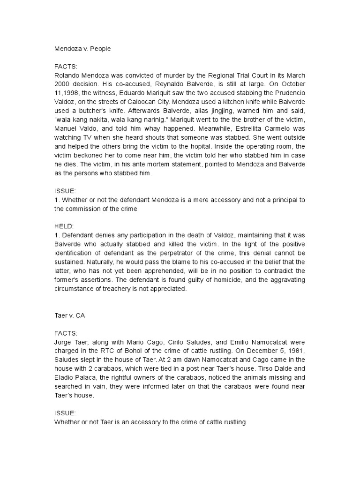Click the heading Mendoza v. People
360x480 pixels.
click(x=82, y=49)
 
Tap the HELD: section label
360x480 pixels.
click(x=63, y=226)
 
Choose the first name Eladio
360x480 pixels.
click(x=66, y=387)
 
